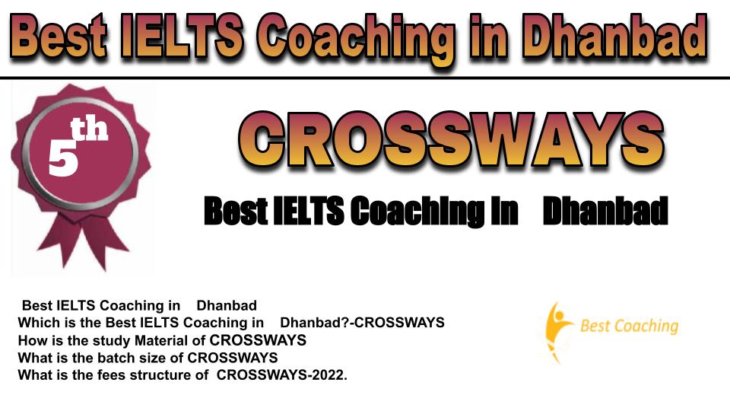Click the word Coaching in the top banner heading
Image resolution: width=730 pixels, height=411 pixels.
[355, 40]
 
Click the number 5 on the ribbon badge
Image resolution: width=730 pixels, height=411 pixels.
[63, 158]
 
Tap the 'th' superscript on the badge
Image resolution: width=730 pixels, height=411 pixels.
[89, 129]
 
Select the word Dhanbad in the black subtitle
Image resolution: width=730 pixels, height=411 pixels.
[605, 211]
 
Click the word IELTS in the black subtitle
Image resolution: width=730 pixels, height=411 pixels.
[308, 211]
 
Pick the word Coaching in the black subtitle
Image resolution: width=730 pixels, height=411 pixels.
[417, 213]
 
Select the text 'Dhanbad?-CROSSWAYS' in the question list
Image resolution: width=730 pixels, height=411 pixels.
[362, 323]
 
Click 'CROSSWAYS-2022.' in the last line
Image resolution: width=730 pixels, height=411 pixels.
[282, 374]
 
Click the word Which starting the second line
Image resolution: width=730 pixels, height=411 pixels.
[37, 323]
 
